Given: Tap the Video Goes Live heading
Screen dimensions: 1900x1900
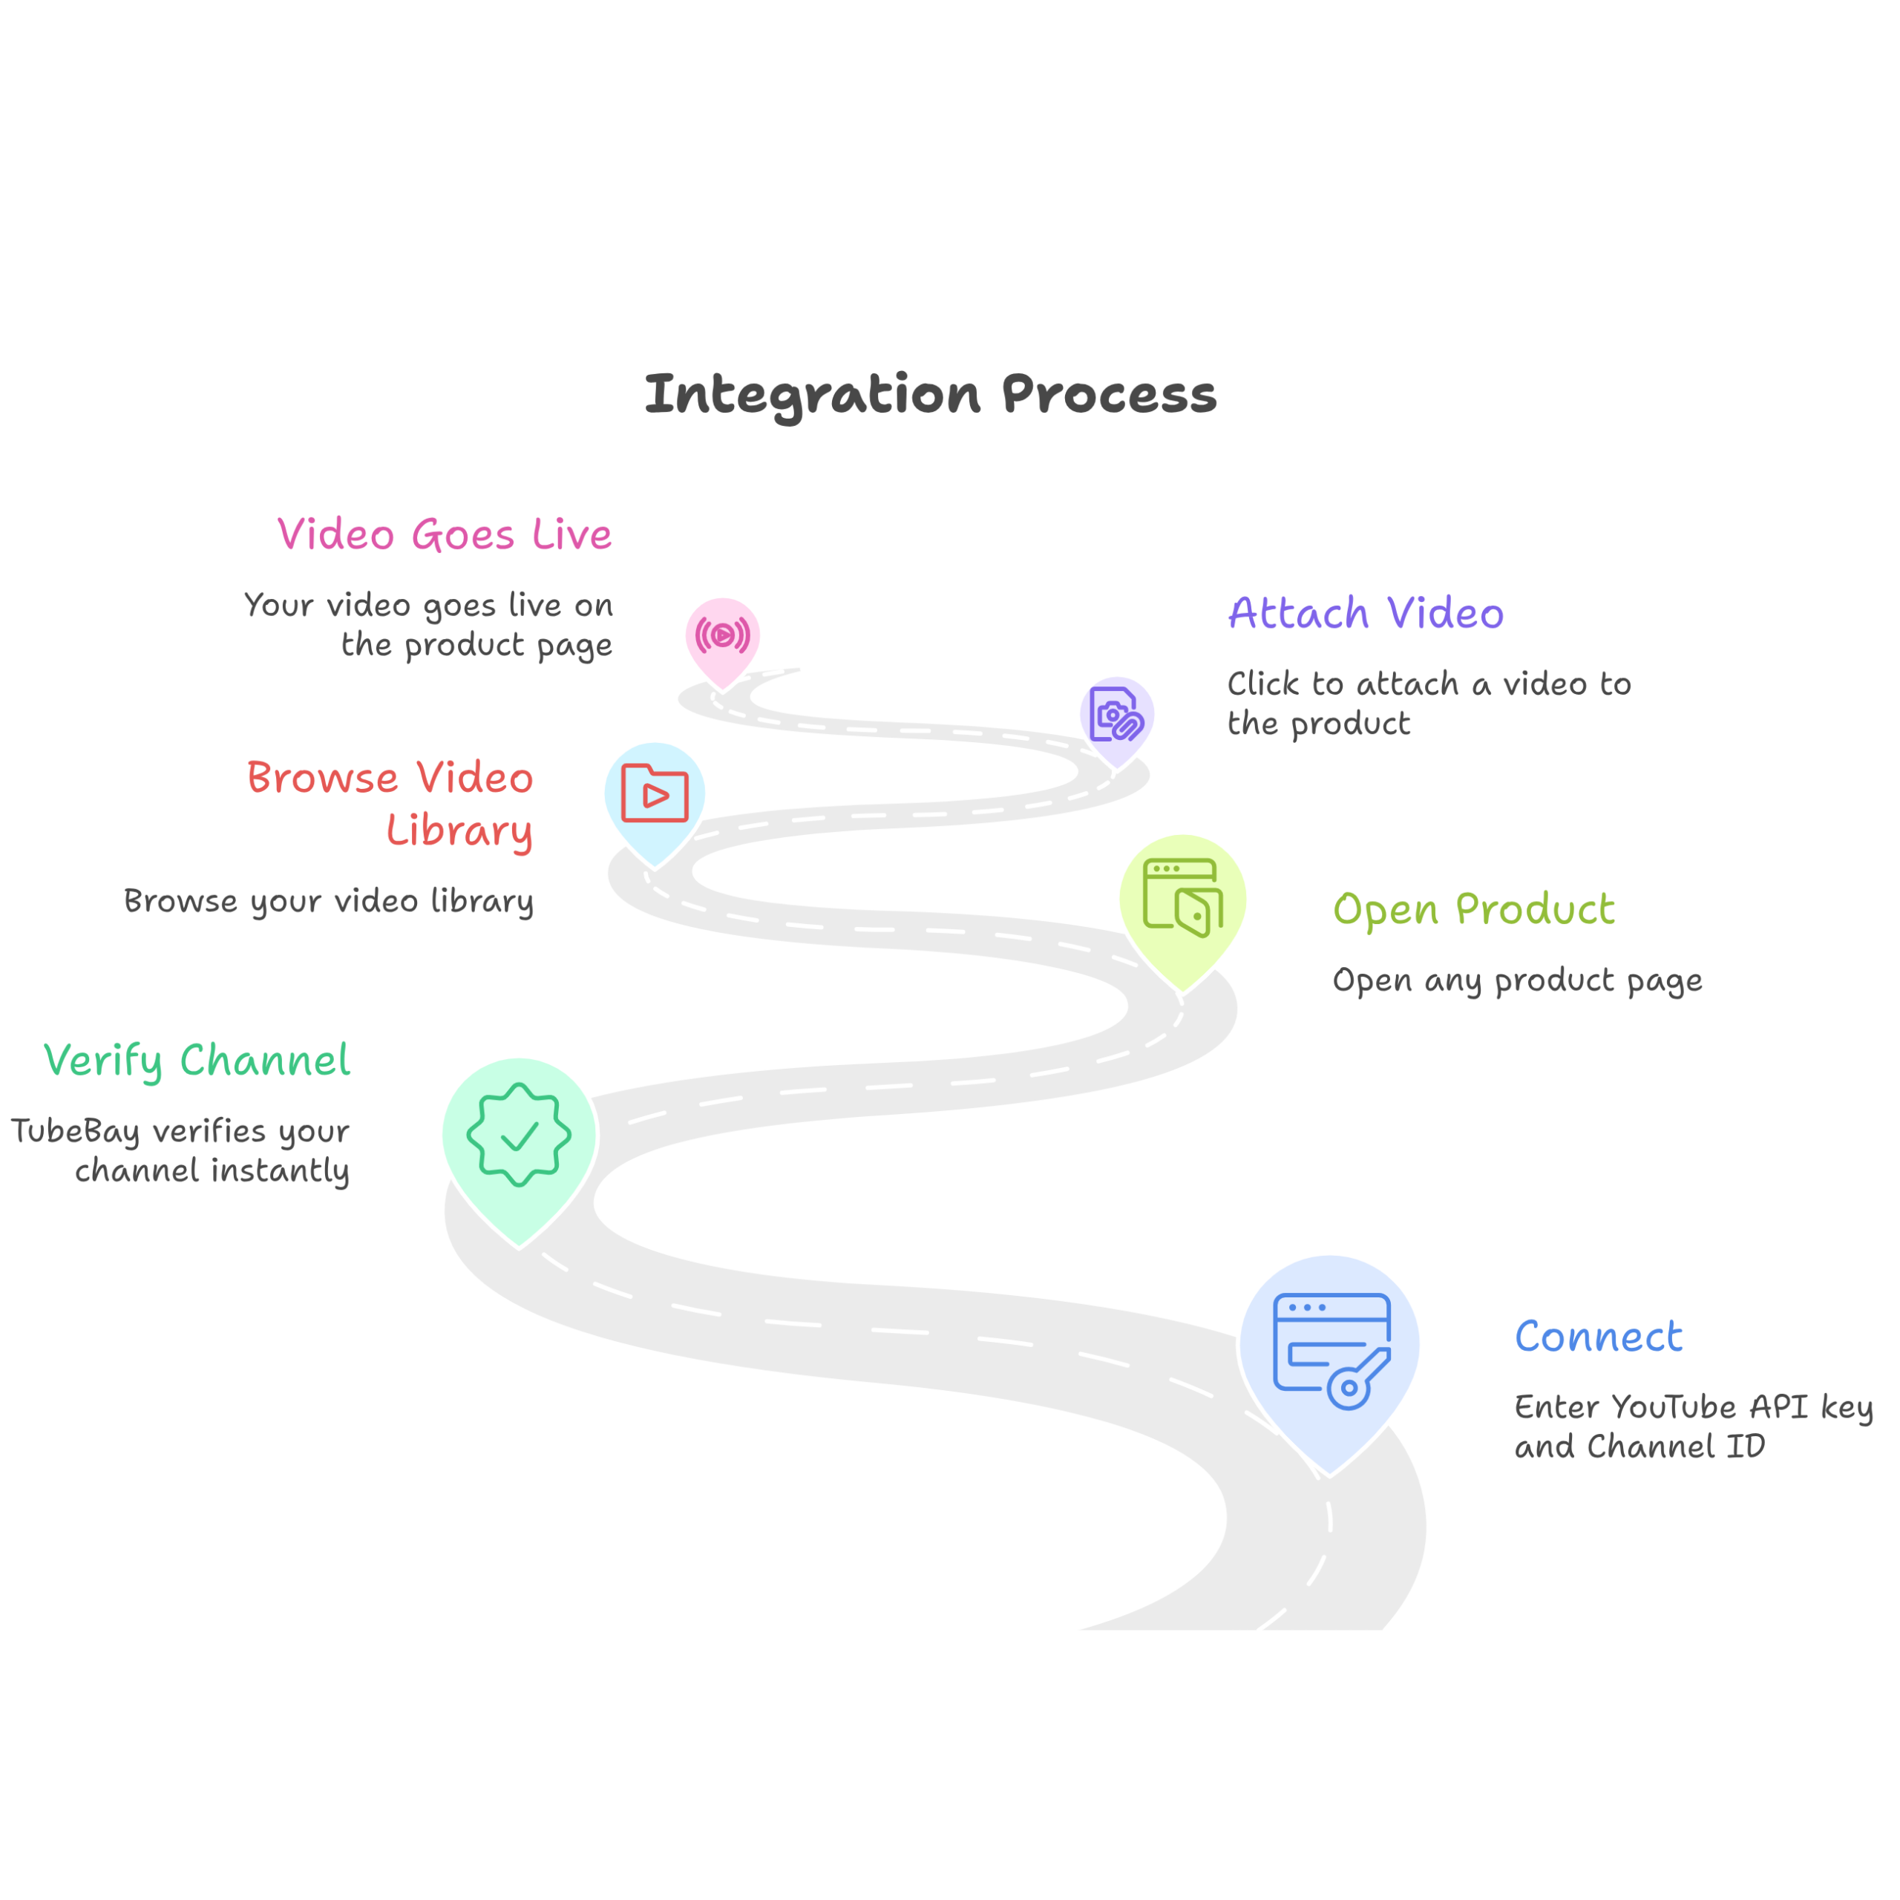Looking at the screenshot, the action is pyautogui.click(x=445, y=535).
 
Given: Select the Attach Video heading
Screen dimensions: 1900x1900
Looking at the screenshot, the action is pyautogui.click(x=1366, y=614).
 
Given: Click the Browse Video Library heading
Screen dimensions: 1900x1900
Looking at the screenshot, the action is pyautogui.click(x=390, y=804).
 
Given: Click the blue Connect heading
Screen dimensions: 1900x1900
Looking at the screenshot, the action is pyautogui.click(x=1598, y=1337).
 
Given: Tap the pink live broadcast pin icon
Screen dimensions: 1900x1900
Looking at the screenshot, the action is pyautogui.click(x=723, y=635).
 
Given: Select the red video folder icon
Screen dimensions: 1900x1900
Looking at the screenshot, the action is pyautogui.click(x=655, y=793).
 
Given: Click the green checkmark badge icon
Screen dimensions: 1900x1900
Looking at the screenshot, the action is pyautogui.click(x=520, y=1135).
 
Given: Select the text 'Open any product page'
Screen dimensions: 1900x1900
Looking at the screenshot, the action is pyautogui.click(x=1518, y=981).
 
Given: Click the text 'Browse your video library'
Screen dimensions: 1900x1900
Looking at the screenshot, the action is pyautogui.click(x=329, y=902).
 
